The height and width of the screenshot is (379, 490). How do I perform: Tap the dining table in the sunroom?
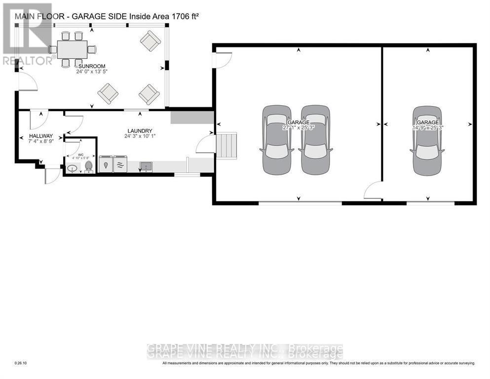pos(72,49)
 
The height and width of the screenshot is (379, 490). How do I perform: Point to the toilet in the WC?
pos(89,167)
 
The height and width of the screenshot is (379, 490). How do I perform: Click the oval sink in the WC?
pos(72,169)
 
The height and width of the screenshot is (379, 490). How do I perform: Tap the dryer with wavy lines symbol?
pos(121,164)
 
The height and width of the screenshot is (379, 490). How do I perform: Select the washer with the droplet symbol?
pos(105,164)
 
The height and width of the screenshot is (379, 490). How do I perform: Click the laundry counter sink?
pos(146,166)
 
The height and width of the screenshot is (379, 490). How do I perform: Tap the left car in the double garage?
pos(276,140)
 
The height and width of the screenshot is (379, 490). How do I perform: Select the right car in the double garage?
pos(315,140)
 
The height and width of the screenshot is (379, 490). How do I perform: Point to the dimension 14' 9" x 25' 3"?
pos(427,127)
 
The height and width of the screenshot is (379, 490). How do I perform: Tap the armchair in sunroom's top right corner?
pos(151,41)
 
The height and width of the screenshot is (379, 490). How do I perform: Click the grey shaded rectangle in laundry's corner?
pos(192,117)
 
